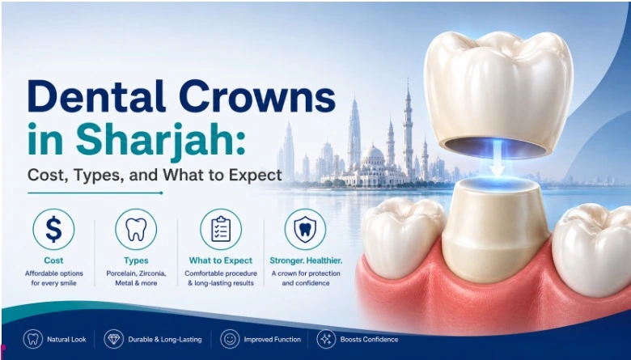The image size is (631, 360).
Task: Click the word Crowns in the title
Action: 256,96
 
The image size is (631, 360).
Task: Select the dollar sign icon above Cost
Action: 53,229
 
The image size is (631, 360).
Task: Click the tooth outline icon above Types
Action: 136,229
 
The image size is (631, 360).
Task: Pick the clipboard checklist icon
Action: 221,229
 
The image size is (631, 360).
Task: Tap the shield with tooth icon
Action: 306,229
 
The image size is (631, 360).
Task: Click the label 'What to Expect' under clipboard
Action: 221,260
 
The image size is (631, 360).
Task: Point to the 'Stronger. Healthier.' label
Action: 306,260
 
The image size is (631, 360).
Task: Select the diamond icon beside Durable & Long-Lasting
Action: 114,339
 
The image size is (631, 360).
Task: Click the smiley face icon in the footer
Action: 230,339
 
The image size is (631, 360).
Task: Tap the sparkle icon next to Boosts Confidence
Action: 326,339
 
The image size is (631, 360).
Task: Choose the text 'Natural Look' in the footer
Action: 66,340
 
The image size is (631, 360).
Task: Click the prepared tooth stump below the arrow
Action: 496,229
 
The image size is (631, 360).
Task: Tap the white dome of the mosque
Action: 373,155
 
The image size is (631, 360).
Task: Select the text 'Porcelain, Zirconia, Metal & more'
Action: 136,278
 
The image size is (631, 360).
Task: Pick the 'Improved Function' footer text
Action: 273,340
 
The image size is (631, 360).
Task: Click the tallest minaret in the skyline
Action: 408,129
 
